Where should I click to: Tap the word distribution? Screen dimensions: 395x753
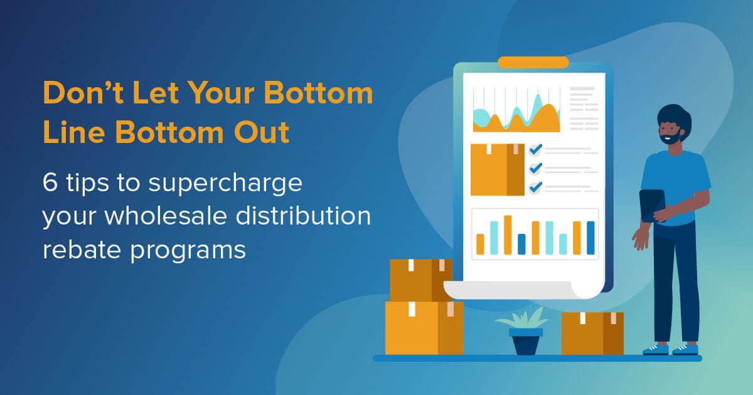tap(311, 216)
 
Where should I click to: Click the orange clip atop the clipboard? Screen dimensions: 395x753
tap(533, 62)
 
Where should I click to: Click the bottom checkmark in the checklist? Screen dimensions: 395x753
tap(535, 187)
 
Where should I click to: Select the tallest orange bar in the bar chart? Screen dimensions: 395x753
tap(508, 234)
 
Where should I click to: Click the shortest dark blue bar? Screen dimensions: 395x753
tap(521, 244)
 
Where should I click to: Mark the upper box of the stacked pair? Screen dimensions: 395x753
tap(420, 280)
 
